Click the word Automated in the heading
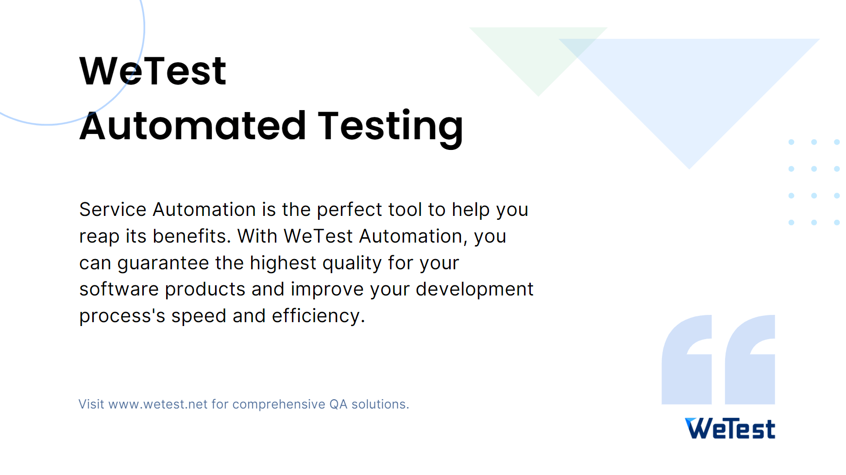(x=193, y=126)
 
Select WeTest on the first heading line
(x=152, y=71)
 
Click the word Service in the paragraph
(x=113, y=210)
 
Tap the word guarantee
(x=163, y=263)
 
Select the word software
(x=119, y=289)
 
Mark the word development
(x=474, y=290)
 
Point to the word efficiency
(x=318, y=316)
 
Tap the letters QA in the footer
(x=338, y=404)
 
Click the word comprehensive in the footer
(x=279, y=405)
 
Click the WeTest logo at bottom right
(x=730, y=428)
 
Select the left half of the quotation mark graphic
(x=687, y=360)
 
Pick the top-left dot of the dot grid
(x=791, y=142)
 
